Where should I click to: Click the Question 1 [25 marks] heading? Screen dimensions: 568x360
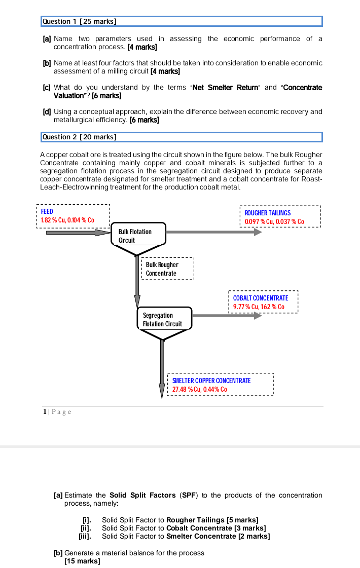(x=80, y=21)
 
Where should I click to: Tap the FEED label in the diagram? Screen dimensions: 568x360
(x=47, y=211)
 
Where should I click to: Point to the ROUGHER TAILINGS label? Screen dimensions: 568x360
(x=268, y=213)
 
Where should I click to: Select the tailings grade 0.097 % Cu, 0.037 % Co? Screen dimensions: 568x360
(x=274, y=221)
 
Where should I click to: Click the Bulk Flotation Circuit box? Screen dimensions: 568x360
(x=138, y=236)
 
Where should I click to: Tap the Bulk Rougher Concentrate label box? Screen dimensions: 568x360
(x=168, y=269)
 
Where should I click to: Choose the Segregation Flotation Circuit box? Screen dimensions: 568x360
(x=164, y=319)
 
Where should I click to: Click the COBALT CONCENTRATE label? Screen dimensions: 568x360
(x=261, y=298)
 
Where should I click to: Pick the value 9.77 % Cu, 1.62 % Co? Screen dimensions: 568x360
(x=259, y=307)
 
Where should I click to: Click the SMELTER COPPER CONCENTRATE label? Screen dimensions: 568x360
(x=211, y=381)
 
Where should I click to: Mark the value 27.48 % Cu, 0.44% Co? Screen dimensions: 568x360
(x=200, y=389)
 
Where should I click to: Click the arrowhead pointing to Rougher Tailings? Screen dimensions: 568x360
(x=258, y=232)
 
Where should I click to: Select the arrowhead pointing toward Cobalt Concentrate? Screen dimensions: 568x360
(x=258, y=316)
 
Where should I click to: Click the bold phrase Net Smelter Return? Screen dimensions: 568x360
(x=219, y=88)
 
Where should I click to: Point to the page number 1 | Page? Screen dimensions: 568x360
(x=57, y=411)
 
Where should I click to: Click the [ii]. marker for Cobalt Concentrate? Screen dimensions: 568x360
(x=85, y=528)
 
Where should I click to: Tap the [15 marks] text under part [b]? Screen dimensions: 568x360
(x=82, y=561)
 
